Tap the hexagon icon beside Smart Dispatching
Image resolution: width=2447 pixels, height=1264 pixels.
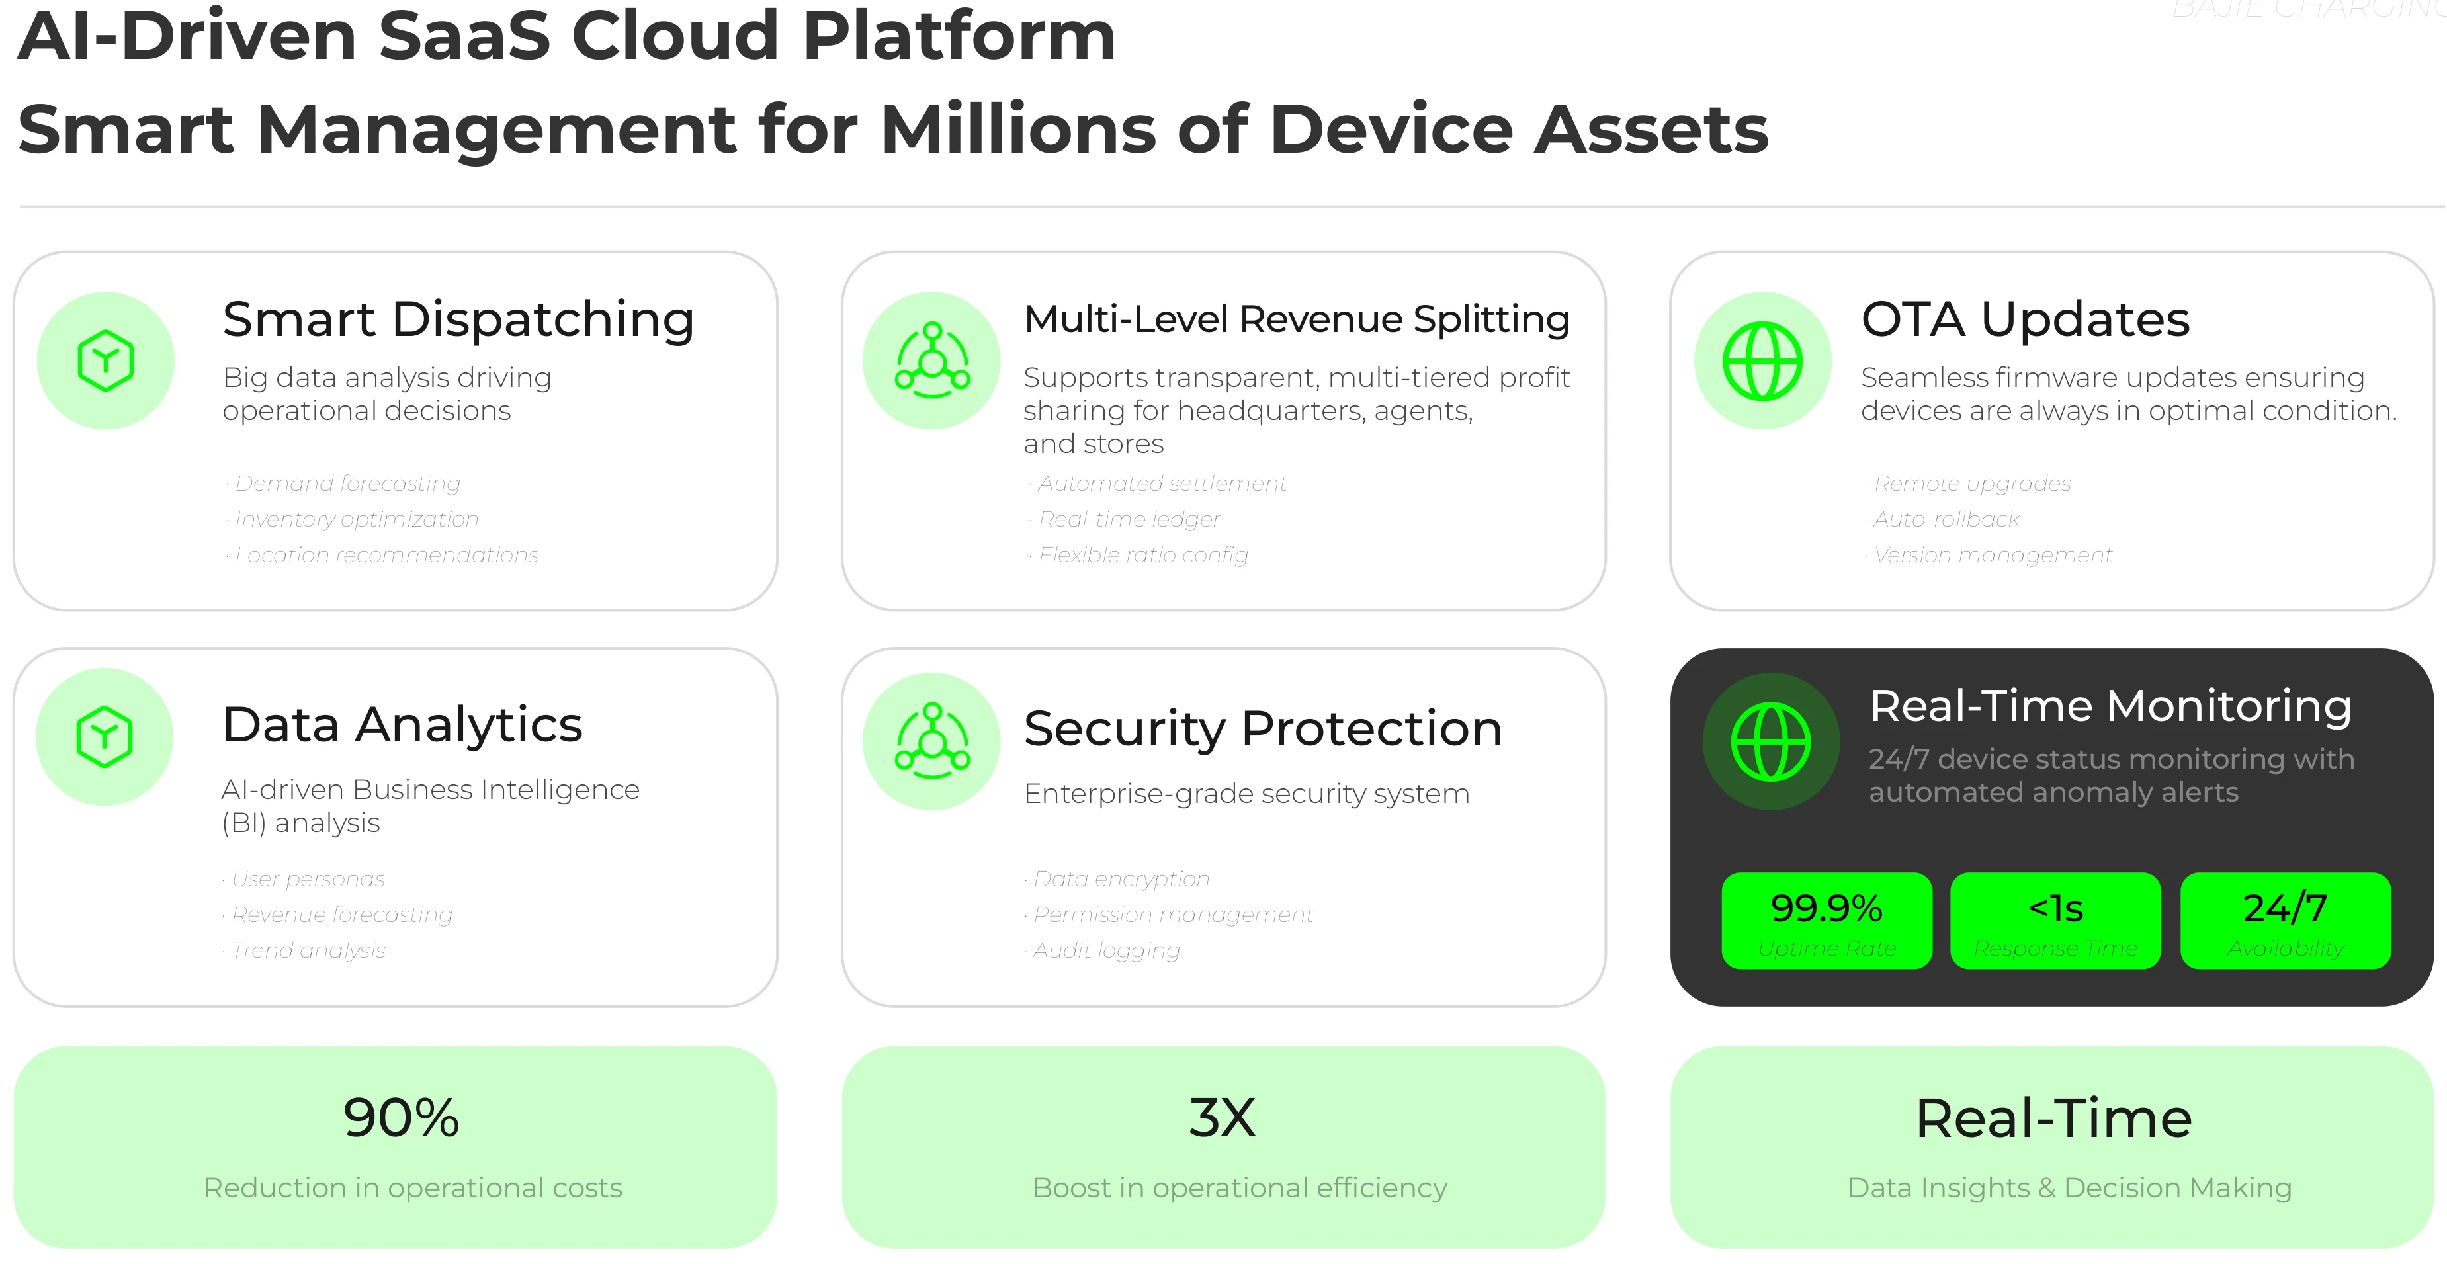(x=105, y=361)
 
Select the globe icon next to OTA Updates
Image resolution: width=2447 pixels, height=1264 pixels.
(x=1762, y=361)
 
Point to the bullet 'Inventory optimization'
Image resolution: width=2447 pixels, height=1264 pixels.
(x=356, y=519)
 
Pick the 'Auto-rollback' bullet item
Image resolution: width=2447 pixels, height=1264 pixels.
(x=1946, y=519)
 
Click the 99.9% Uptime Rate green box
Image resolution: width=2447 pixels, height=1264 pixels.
(x=1826, y=920)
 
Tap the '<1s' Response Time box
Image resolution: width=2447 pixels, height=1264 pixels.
(x=2055, y=920)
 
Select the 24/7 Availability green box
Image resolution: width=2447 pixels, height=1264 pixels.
(x=2284, y=920)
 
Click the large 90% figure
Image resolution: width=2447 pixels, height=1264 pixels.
(x=401, y=1118)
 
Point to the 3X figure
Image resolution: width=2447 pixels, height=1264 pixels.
(x=1222, y=1118)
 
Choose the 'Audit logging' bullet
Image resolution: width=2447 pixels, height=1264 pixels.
(x=1105, y=950)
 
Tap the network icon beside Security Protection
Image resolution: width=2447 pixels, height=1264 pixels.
(x=932, y=741)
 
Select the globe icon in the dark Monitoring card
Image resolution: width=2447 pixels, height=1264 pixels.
(x=1771, y=741)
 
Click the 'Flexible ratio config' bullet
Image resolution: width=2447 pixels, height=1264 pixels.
(x=1142, y=554)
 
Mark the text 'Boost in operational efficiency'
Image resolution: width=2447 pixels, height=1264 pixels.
(x=1240, y=1188)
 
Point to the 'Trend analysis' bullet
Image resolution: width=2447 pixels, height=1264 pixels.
(x=308, y=950)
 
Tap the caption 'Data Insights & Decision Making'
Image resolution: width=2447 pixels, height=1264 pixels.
(x=2069, y=1188)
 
